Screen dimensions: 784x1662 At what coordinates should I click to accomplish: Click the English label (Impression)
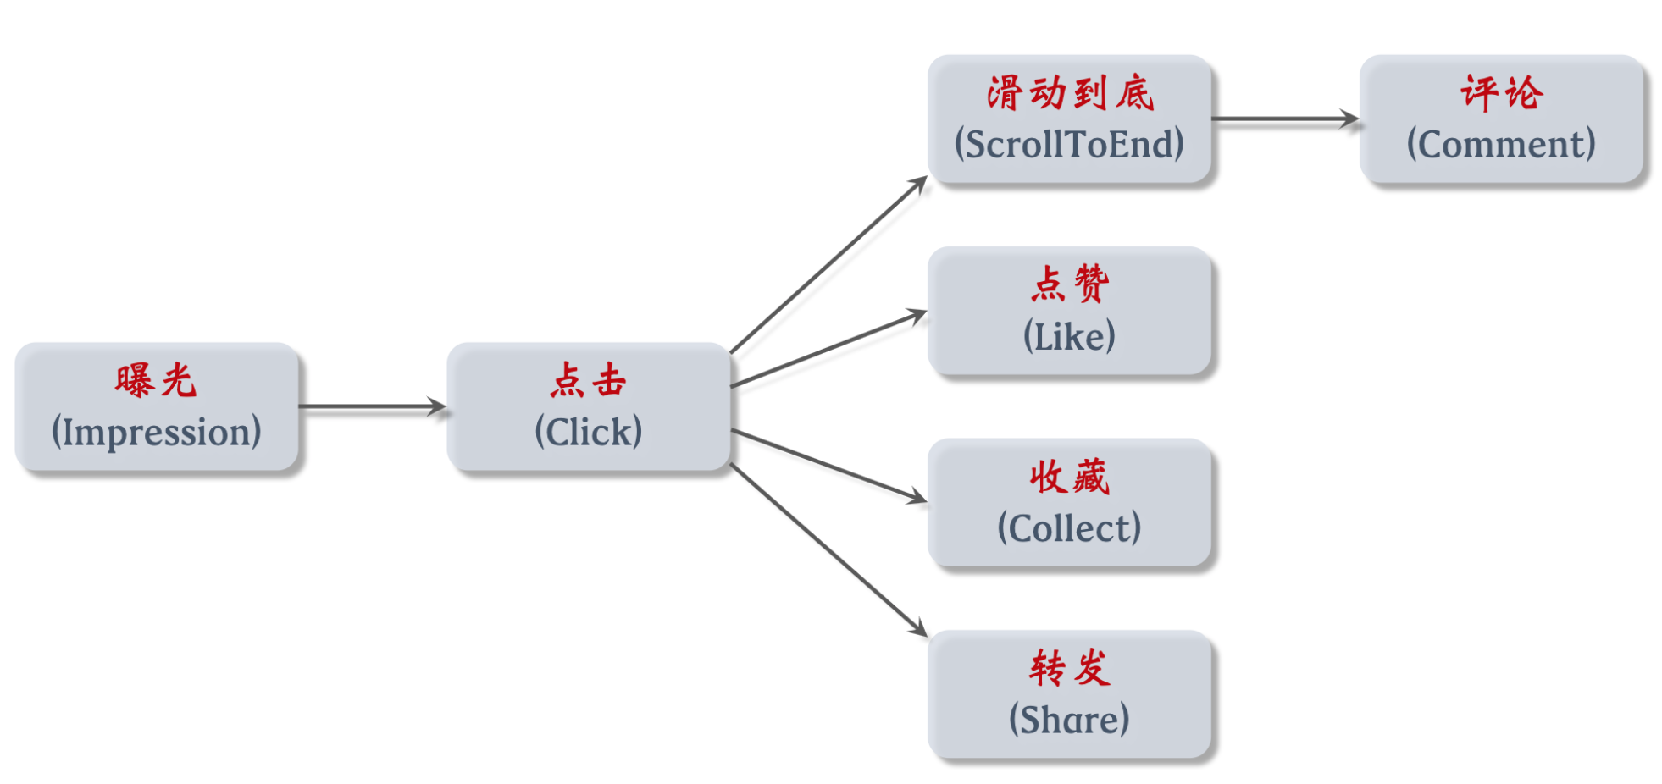(156, 432)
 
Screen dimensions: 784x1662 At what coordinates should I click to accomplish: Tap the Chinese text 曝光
(156, 380)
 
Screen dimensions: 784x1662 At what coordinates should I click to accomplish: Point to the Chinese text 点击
(588, 380)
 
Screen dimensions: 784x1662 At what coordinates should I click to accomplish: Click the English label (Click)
(588, 432)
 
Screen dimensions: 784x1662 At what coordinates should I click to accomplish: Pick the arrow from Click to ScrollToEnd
(828, 265)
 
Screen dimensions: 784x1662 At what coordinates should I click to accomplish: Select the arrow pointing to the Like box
(828, 350)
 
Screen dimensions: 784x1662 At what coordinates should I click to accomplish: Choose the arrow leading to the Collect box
(828, 465)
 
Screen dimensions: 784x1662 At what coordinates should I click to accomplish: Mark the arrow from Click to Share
(828, 549)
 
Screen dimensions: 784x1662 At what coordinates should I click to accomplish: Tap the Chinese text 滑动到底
(1069, 92)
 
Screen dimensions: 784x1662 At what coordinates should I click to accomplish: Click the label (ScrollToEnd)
(1069, 144)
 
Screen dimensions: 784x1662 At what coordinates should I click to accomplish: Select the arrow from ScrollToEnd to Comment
(1284, 119)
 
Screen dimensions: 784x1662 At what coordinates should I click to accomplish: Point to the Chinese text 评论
(1501, 92)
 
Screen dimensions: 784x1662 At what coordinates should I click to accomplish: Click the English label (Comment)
(1501, 144)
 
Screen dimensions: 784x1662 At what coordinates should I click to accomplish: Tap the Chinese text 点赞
(1069, 284)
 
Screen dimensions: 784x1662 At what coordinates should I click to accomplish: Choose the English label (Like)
(1069, 336)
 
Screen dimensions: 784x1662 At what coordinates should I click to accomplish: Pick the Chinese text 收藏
(1069, 477)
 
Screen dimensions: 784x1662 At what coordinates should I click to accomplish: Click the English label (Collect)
(1069, 528)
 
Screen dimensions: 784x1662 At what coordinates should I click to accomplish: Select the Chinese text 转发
(1069, 668)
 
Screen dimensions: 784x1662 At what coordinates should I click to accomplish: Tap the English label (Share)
(1069, 720)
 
